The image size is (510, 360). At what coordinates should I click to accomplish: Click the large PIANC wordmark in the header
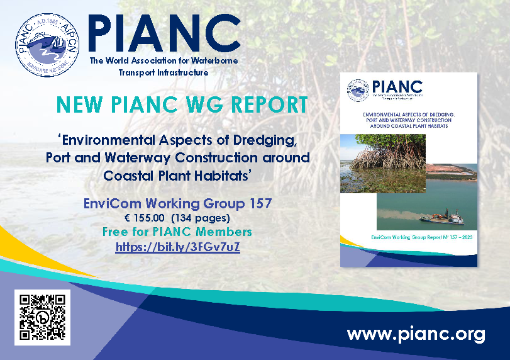click(164, 33)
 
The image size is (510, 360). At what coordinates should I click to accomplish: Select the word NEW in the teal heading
click(74, 105)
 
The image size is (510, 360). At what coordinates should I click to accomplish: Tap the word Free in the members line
click(116, 232)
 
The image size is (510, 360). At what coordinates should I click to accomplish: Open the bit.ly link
click(177, 247)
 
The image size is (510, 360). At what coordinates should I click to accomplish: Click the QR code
click(42, 318)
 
